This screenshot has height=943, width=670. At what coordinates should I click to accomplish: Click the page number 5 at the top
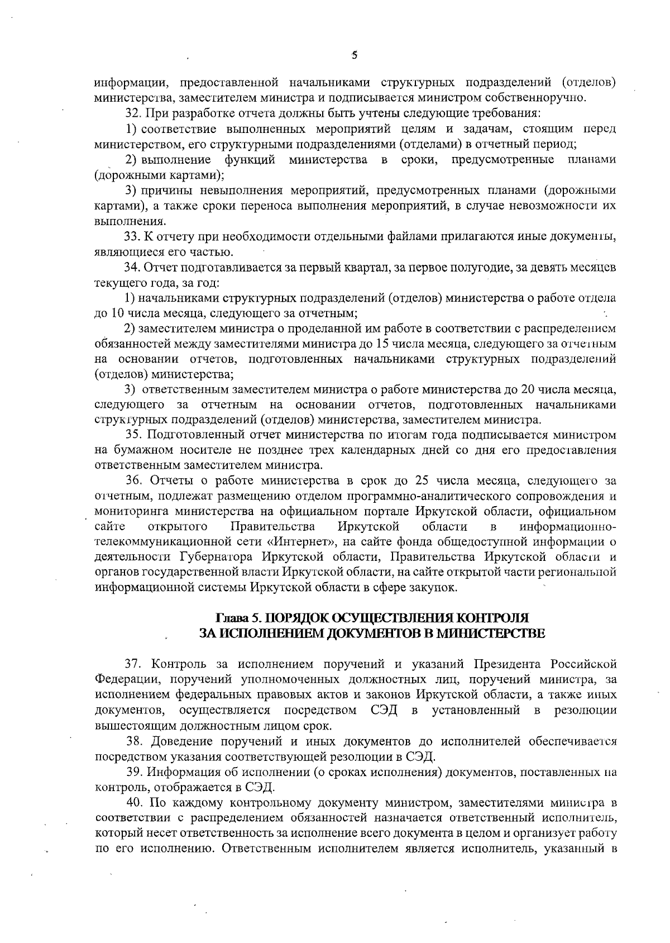click(x=354, y=55)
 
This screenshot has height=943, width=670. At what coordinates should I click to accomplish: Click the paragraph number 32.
click(x=132, y=115)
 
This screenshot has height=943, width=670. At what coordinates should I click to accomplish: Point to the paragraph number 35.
click(x=133, y=435)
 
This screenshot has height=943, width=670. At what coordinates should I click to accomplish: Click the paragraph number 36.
click(x=133, y=480)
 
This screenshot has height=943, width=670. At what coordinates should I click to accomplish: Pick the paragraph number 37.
click(x=132, y=664)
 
